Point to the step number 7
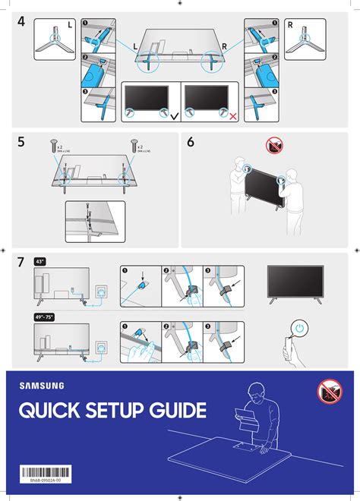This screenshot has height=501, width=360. pos(22,263)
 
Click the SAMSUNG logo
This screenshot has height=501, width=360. pos(41,386)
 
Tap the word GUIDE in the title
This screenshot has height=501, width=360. pos(178,411)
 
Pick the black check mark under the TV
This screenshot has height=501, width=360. pos(175,117)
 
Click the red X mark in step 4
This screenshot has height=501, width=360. pos(232,117)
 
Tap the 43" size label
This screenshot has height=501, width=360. pos(40,262)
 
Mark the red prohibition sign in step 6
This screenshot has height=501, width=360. pos(274,144)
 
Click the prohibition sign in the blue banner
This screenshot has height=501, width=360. pos(330,392)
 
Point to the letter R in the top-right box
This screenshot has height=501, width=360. pos(290,25)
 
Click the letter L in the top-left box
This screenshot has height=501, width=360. pos(70,25)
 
